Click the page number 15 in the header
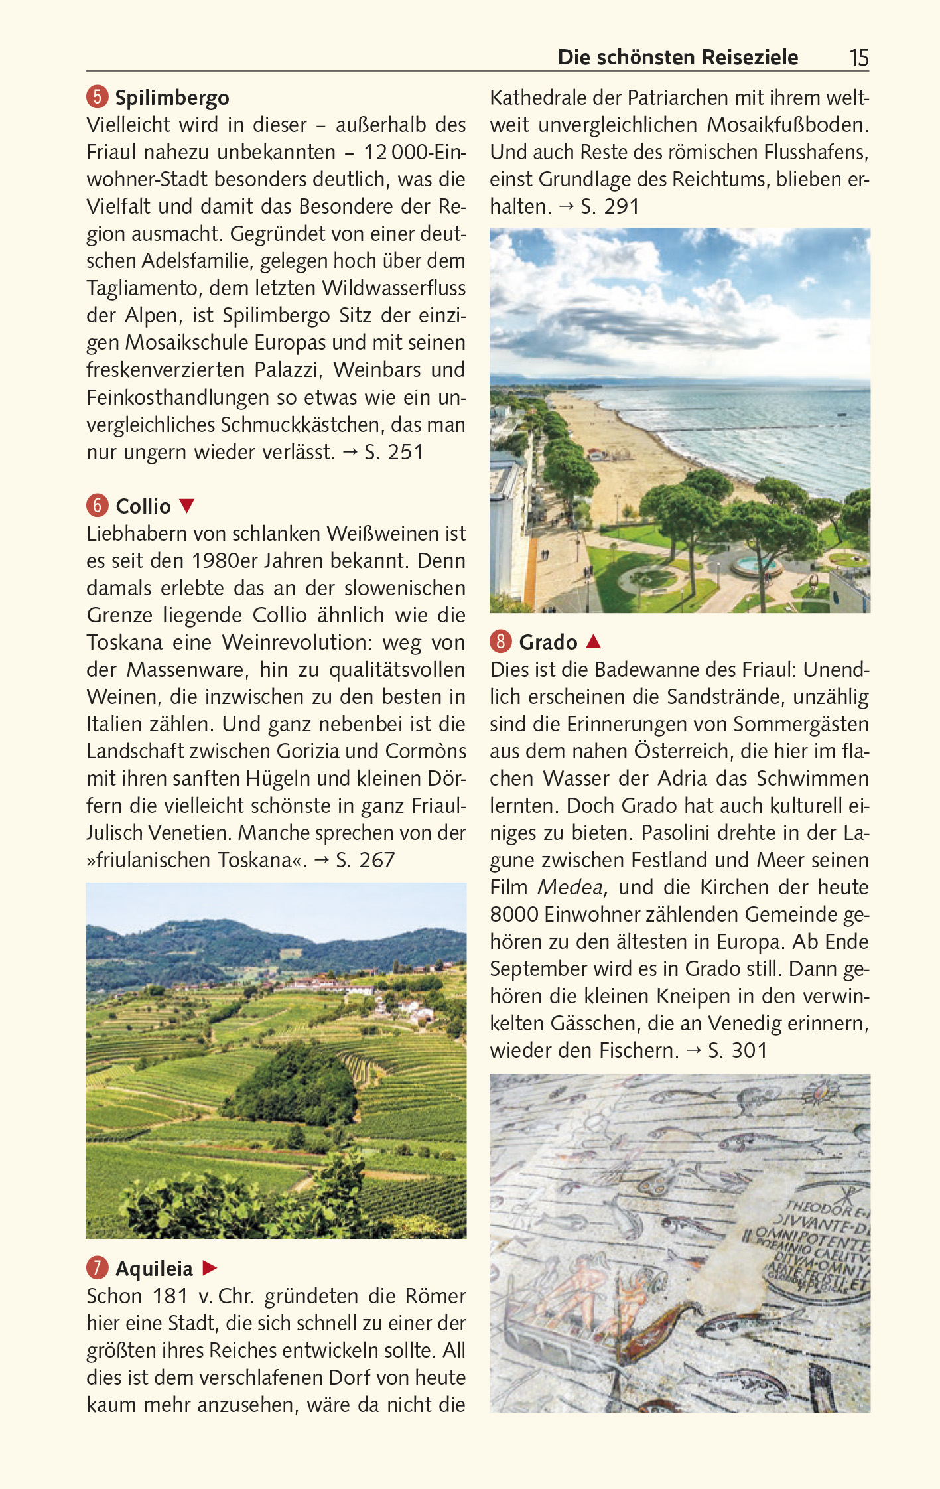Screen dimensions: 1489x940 858,58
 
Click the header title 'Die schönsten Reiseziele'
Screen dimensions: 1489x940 677,58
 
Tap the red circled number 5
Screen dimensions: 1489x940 97,97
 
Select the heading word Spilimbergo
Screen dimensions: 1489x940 172,98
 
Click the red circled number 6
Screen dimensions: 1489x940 97,506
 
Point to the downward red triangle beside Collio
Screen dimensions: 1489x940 187,506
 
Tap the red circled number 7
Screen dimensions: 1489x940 97,1268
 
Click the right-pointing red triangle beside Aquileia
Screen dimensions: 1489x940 210,1268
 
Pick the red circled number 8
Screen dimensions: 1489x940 501,642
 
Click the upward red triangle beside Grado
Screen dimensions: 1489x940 594,642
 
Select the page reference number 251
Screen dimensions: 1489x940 405,452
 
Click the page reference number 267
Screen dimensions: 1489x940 377,860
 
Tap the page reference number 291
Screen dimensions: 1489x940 621,206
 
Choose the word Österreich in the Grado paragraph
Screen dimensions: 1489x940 671,751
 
